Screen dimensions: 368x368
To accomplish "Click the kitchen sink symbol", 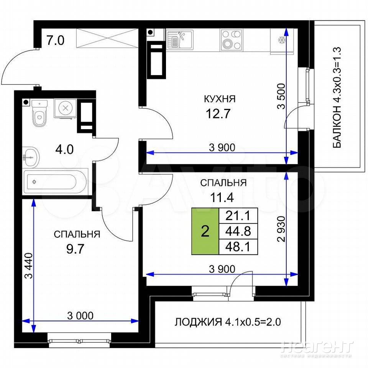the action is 180,39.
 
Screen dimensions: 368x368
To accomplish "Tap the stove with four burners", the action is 232,40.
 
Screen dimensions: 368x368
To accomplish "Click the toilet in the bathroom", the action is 39,113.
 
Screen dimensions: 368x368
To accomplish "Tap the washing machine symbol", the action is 65,108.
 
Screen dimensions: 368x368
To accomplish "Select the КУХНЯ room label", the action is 220,99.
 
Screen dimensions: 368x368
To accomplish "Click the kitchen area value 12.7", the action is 218,114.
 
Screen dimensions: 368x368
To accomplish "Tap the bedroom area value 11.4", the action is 222,197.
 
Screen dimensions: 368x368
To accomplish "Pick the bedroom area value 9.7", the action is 75,249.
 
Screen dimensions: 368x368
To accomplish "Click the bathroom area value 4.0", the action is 64,149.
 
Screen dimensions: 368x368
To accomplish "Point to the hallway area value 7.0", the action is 55,40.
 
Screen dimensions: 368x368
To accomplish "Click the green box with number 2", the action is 205,231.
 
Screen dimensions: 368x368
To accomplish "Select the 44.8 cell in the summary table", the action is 238,231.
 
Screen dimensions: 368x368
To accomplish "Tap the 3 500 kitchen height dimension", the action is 281,96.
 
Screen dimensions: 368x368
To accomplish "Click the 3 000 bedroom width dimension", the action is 80,315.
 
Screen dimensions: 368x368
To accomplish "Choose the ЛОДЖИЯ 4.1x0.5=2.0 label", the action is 228,322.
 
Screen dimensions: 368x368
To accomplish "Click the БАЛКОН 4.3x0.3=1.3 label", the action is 337,98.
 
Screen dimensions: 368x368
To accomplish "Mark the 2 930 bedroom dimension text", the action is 281,229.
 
